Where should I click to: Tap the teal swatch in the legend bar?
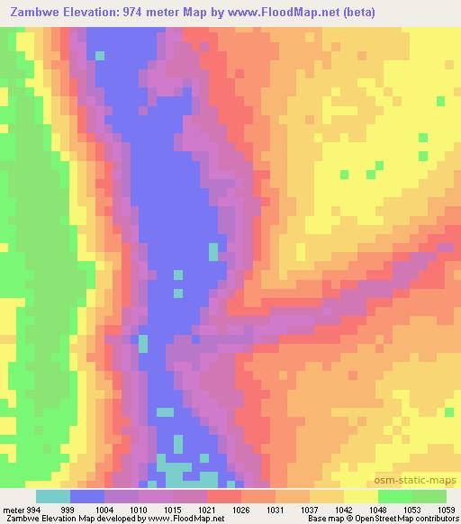(x=53, y=495)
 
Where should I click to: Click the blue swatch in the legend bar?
(x=87, y=495)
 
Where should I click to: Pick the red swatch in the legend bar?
(x=224, y=495)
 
